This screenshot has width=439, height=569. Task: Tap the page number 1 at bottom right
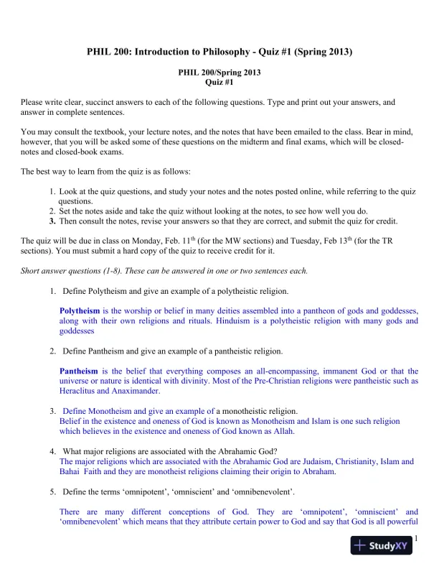[416, 540]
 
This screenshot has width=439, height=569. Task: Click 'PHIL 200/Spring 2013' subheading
[219, 73]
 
